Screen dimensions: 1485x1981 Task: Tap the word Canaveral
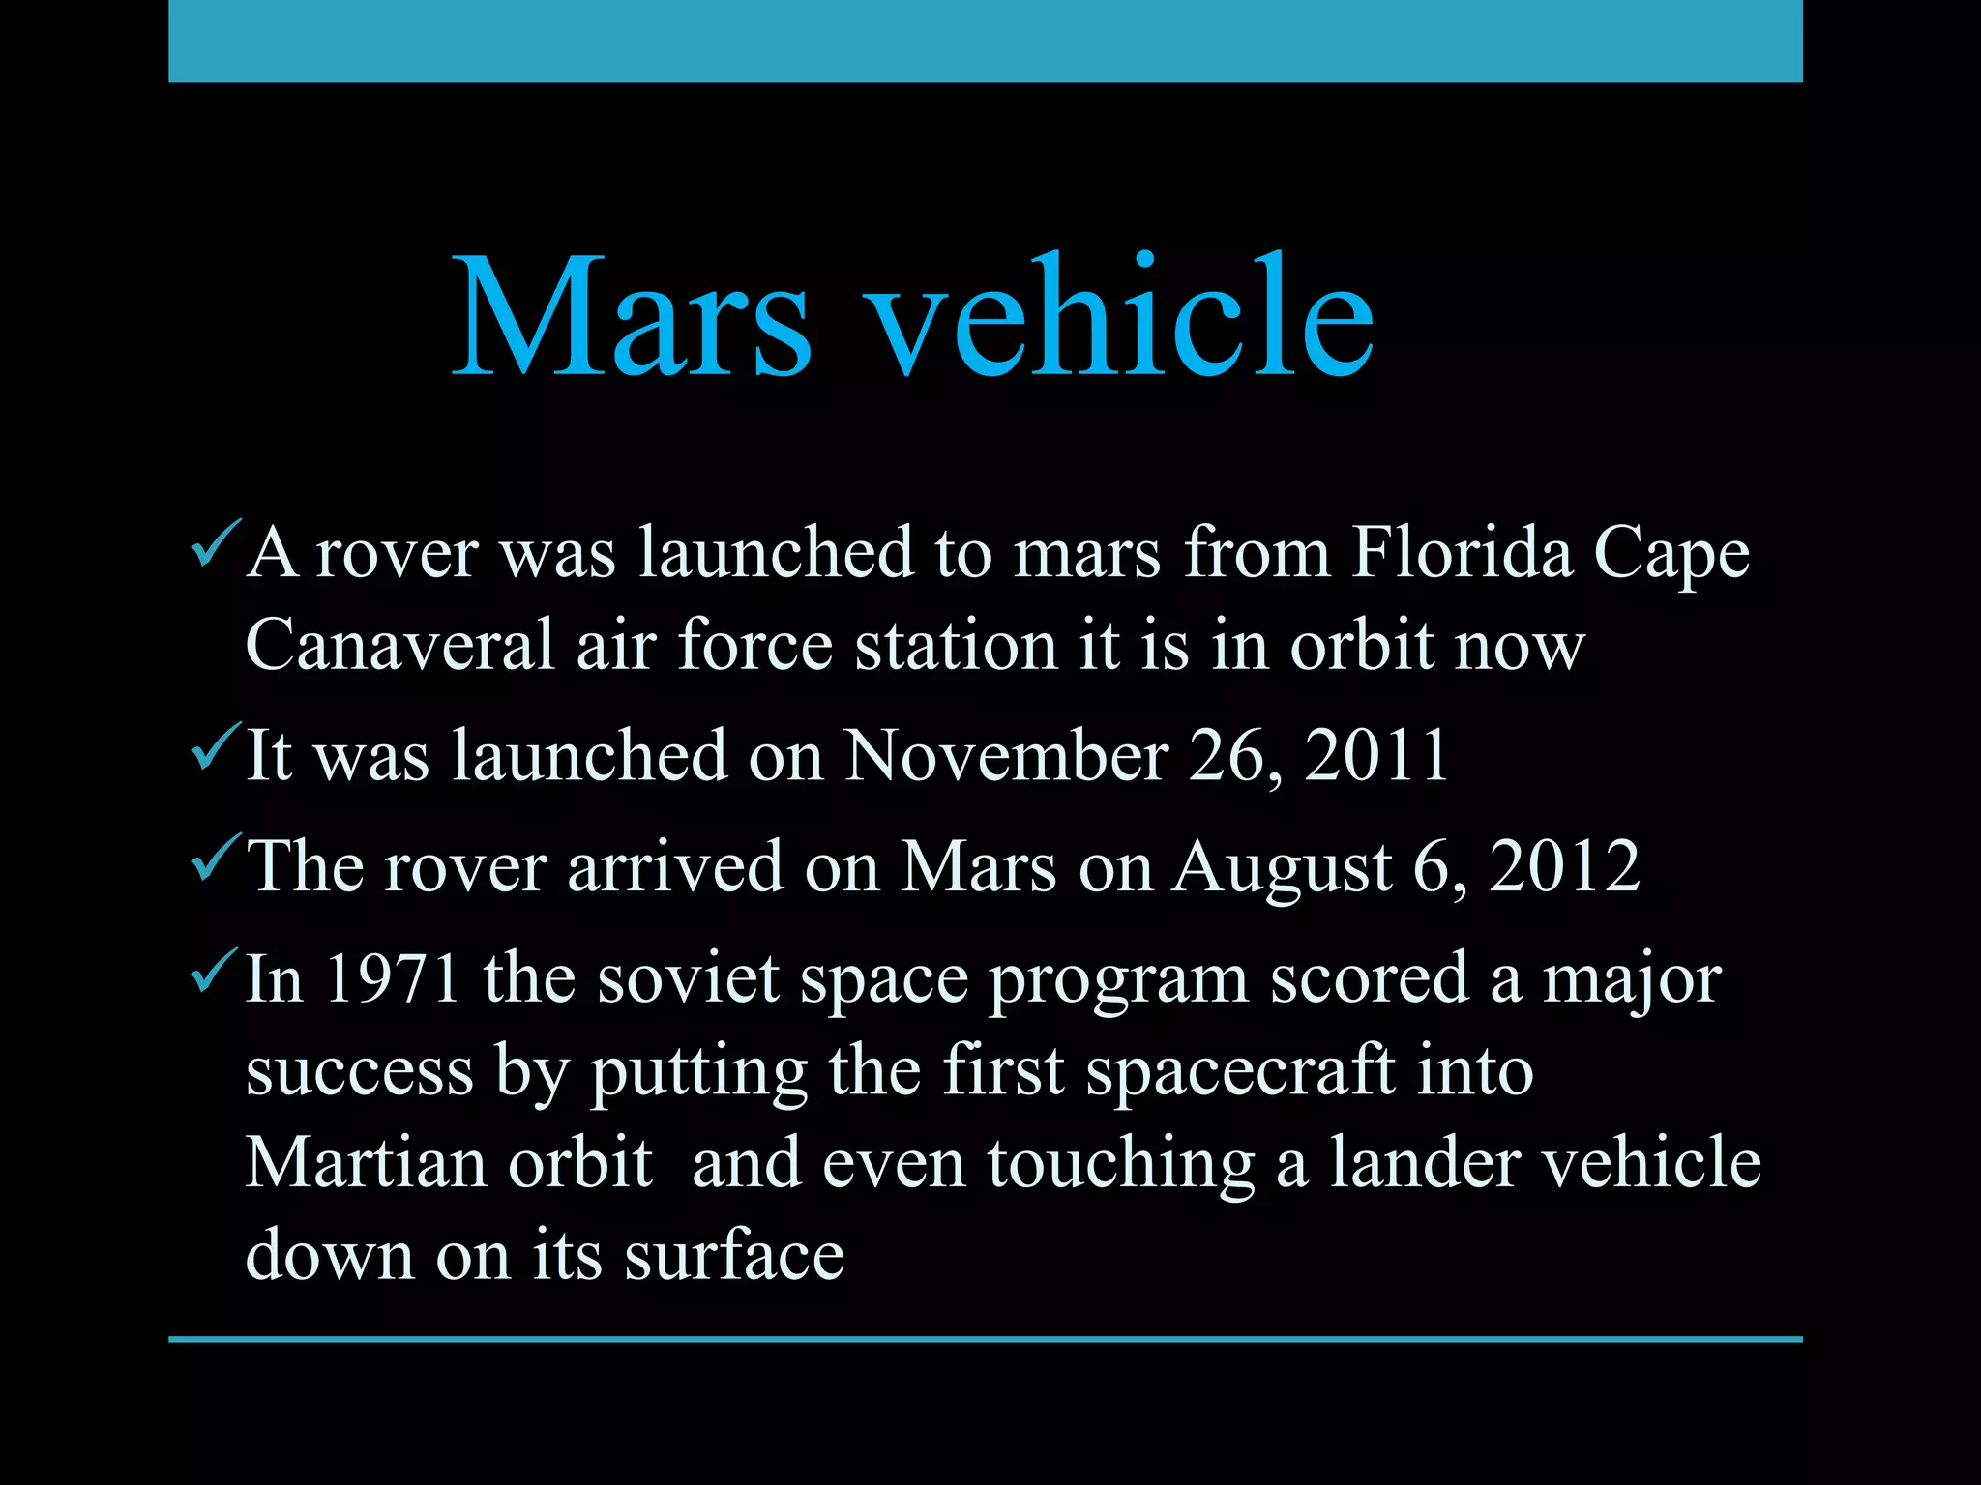pyautogui.click(x=399, y=645)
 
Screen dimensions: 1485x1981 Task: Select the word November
pyautogui.click(x=1006, y=755)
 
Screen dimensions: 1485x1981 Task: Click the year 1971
pyautogui.click(x=392, y=978)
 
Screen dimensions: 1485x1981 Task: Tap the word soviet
pyautogui.click(x=688, y=978)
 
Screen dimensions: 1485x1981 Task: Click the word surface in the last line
pyautogui.click(x=734, y=1256)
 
